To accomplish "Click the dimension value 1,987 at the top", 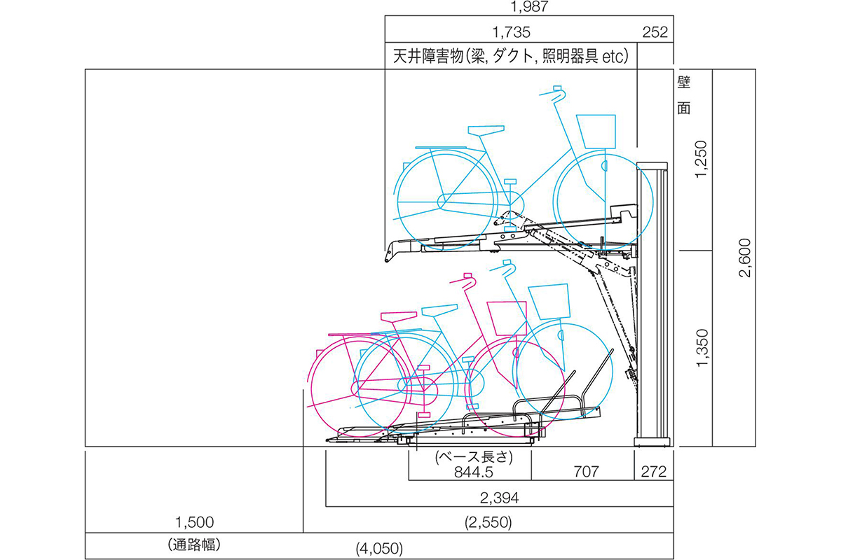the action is point(529,6).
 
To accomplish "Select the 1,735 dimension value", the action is point(511,33).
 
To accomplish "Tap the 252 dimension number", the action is point(655,32).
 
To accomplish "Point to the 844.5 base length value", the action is point(474,472).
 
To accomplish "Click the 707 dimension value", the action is point(586,472).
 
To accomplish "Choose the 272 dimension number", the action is point(654,472).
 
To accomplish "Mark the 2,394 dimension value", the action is point(499,498).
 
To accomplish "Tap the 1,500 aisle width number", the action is point(195,522).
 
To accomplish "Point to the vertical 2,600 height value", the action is point(744,258).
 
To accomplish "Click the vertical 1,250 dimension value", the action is point(701,159).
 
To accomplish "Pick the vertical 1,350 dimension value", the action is point(702,348).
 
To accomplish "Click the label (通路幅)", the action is point(194,545).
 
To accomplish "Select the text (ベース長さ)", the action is point(474,457).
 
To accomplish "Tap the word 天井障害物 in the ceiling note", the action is point(428,56).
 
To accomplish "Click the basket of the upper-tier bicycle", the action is point(596,132).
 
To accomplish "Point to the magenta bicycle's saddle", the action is point(399,316).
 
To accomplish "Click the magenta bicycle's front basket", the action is point(507,318).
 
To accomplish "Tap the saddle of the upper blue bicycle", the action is point(486,130).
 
